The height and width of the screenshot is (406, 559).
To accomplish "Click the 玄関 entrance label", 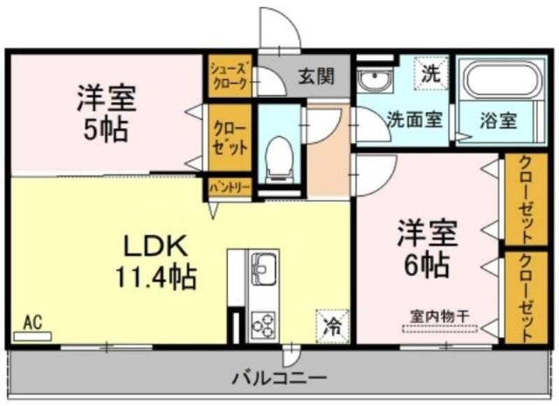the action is (317, 76).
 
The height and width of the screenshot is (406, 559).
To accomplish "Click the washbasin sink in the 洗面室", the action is (375, 80).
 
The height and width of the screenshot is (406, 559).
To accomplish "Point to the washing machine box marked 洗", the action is (430, 73).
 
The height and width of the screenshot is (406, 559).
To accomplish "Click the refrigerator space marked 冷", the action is (333, 326).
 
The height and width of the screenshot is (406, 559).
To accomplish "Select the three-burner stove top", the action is (263, 325).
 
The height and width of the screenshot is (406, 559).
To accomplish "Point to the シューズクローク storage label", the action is (229, 76).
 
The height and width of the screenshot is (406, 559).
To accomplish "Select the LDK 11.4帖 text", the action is (155, 261).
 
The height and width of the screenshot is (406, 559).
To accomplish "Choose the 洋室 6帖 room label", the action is (427, 249).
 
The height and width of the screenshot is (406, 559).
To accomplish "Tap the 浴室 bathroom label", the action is (498, 120).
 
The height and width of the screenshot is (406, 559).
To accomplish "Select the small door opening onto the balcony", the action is (291, 354).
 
